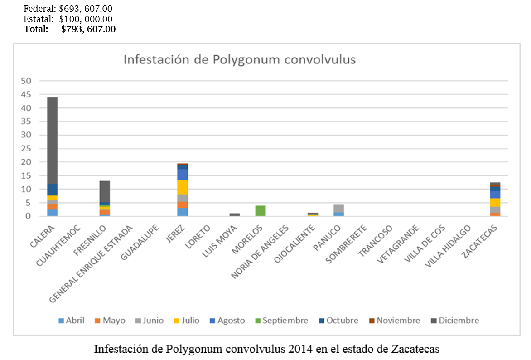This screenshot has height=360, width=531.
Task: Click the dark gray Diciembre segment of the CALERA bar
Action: click(x=52, y=141)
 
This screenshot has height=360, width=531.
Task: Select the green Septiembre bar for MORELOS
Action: click(x=261, y=211)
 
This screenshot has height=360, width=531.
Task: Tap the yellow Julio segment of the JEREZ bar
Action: click(x=183, y=187)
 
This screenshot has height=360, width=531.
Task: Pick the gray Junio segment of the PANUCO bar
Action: click(x=338, y=208)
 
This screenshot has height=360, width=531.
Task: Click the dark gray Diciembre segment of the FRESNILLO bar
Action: click(x=105, y=191)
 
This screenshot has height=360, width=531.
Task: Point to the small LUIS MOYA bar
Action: click(x=235, y=214)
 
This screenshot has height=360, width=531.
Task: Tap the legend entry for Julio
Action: click(x=186, y=321)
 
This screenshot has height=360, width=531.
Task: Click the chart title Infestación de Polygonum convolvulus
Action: click(x=240, y=59)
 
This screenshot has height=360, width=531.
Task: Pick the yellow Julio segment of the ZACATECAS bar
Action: click(x=495, y=202)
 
